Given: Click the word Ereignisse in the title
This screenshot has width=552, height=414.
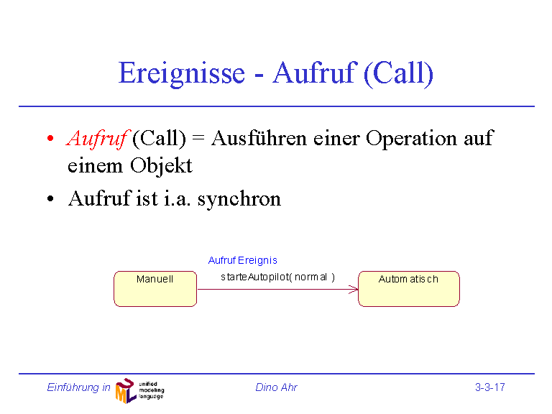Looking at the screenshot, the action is tap(182, 73).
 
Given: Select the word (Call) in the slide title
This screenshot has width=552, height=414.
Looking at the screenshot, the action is tap(398, 73).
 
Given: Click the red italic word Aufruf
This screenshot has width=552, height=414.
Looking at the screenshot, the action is tap(98, 138).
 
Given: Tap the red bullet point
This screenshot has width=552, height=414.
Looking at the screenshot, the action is tap(50, 138).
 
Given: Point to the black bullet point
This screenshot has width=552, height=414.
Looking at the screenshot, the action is tap(50, 198).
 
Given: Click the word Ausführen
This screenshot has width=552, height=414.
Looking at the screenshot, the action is tap(259, 138).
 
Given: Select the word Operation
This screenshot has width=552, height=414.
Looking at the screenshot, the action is tap(411, 138).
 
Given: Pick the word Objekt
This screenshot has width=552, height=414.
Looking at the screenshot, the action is tap(161, 165).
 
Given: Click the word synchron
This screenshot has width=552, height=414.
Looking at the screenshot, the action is tap(239, 199).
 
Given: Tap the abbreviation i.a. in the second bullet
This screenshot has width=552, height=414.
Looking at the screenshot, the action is tap(178, 198).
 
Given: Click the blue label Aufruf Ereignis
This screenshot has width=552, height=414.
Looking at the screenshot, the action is tap(242, 260).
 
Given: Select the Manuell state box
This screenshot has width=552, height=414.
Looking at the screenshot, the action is tap(155, 289).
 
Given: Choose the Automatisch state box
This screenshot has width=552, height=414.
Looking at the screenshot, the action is tap(409, 289).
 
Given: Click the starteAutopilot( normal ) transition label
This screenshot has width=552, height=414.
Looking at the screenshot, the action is tap(277, 277).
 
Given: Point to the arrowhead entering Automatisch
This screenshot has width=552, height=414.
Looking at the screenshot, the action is tap(354, 290).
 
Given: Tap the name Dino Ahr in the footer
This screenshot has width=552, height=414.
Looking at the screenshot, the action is tap(276, 387).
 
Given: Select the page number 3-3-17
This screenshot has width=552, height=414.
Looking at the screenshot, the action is tap(489, 387).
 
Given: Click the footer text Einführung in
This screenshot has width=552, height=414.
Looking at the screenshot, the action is tap(78, 387).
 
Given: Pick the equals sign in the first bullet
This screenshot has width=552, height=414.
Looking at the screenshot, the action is tap(198, 138).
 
